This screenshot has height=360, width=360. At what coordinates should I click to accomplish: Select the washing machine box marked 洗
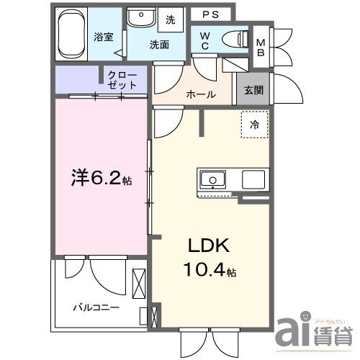point(171,20)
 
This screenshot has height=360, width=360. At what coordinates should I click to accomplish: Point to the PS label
point(210,14)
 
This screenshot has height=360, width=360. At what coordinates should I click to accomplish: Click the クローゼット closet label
point(124,78)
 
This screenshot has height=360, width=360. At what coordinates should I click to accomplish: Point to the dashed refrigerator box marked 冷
point(253,124)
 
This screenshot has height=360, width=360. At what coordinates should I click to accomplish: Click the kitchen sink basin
point(214,179)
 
